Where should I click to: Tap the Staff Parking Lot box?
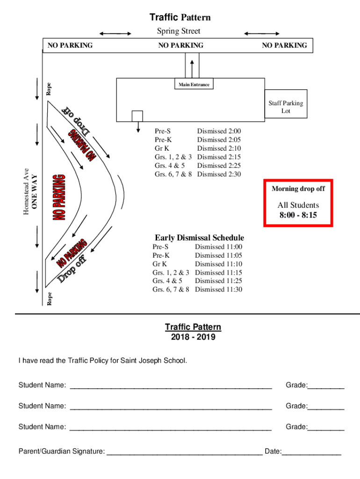(286, 107)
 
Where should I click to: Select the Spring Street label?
(178, 31)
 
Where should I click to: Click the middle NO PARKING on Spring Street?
(180, 45)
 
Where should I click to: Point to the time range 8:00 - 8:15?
(298, 215)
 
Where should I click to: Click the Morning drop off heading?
(298, 189)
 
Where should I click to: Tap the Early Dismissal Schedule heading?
(199, 238)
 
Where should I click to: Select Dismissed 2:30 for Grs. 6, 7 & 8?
(219, 174)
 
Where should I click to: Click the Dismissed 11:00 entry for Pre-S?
(218, 247)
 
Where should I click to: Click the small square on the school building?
(137, 116)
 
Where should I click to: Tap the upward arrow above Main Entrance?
(192, 68)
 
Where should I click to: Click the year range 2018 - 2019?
(193, 337)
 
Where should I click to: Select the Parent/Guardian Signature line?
(185, 452)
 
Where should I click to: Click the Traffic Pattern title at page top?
(180, 17)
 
